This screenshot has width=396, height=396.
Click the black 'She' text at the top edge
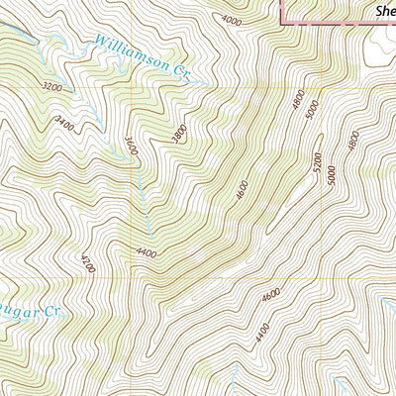tap(384, 12)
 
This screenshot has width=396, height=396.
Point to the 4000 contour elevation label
tap(232, 20)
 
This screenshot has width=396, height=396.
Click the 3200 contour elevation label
tap(52, 87)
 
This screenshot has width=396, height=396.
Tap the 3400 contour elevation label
tap(66, 125)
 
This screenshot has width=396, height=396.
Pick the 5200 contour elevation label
tap(317, 160)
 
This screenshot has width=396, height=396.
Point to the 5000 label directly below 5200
tap(332, 175)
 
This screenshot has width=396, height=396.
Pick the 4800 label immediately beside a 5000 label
tap(297, 102)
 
